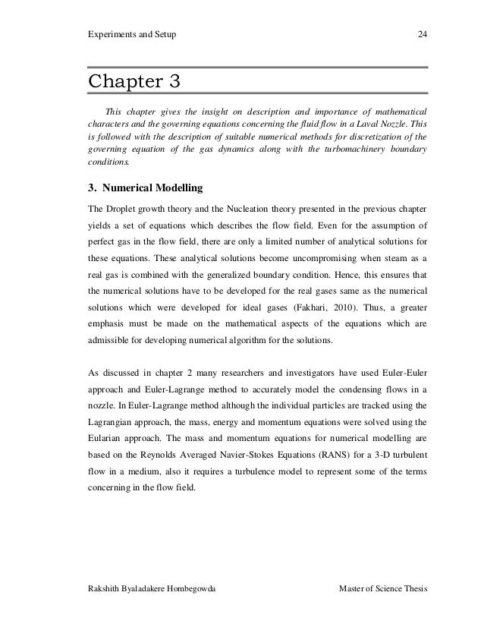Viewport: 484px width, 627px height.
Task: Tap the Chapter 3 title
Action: (136, 80)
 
